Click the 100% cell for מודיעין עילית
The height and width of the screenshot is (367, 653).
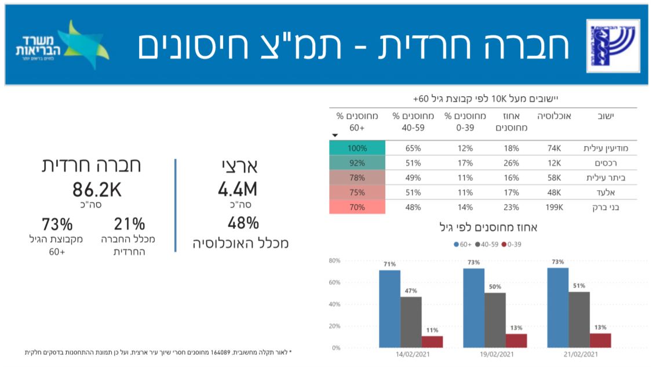(x=357, y=148)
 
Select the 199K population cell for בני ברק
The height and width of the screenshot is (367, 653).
(x=554, y=206)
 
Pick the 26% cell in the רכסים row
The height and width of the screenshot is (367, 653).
(x=511, y=163)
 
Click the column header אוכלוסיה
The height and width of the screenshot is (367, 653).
(x=554, y=117)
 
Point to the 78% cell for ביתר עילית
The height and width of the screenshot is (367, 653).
(x=357, y=177)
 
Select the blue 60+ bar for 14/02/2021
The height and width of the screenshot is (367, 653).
(x=389, y=309)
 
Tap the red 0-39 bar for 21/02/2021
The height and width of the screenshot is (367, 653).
(x=600, y=340)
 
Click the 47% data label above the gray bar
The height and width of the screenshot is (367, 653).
(x=411, y=291)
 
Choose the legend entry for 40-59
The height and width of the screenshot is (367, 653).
(x=488, y=244)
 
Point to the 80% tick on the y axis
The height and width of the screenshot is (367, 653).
(x=335, y=261)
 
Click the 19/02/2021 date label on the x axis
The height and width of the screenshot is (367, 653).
(x=495, y=354)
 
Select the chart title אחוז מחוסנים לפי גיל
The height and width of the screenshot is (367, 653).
(x=488, y=228)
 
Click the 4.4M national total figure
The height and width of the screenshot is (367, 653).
(x=238, y=189)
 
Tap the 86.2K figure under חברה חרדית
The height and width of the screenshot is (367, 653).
(x=97, y=190)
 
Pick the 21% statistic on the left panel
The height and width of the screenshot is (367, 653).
(x=129, y=223)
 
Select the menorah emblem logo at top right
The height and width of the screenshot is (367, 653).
(x=612, y=45)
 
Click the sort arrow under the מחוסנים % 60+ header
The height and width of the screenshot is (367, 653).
(x=334, y=135)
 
